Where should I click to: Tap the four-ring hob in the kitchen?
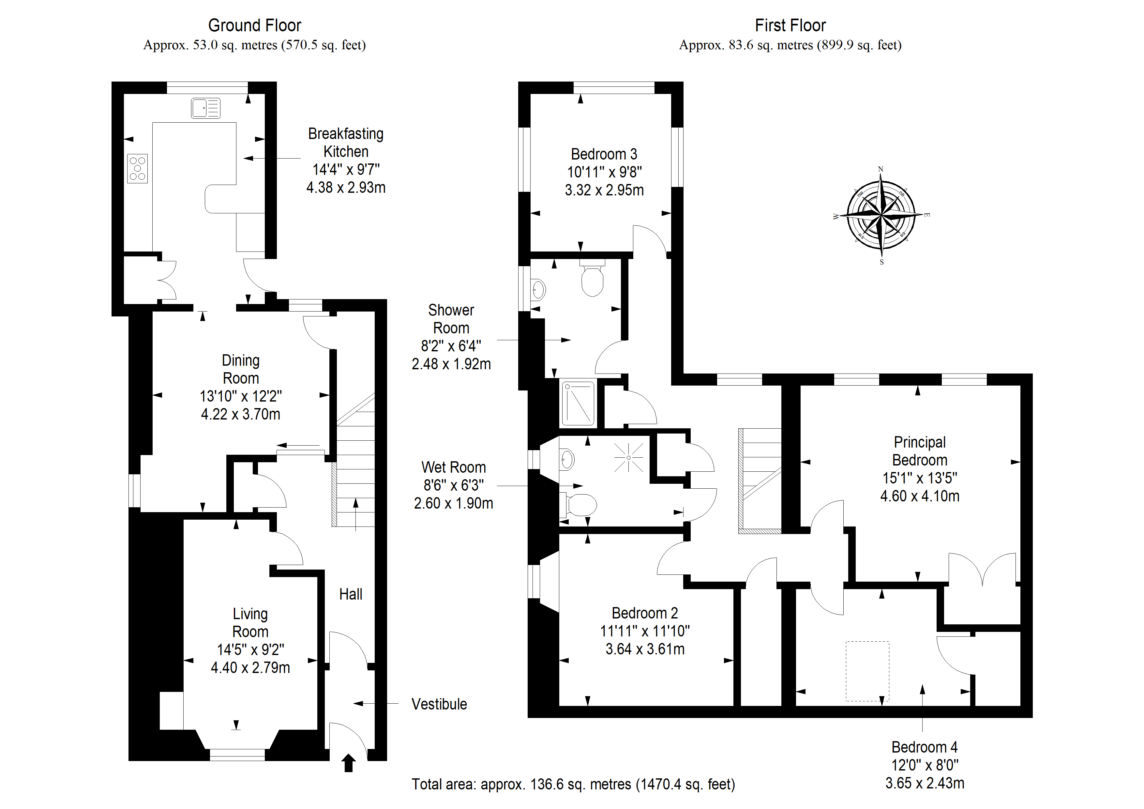pos(138,168)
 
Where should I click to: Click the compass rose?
pos(881,215)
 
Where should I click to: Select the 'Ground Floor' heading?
pos(255,25)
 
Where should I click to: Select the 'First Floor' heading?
pos(790,25)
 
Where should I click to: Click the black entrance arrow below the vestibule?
pos(349,763)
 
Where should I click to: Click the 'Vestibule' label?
pos(439,704)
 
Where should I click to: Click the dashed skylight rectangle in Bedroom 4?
pos(867,671)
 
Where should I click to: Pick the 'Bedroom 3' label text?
pos(604,154)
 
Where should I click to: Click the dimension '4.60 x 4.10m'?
pos(920,496)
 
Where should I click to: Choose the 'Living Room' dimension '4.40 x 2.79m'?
pos(250,667)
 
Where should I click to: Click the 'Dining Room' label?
pos(241,369)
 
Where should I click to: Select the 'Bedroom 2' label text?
pos(645,613)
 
